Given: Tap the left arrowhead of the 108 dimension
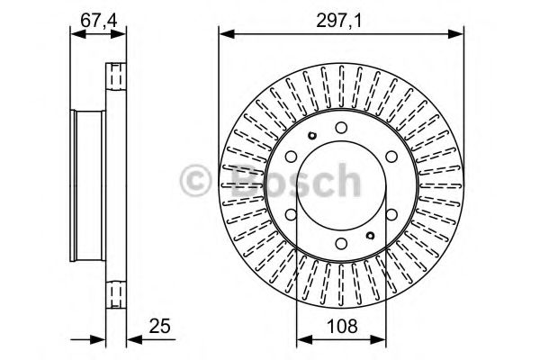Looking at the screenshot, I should tap(301, 338).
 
